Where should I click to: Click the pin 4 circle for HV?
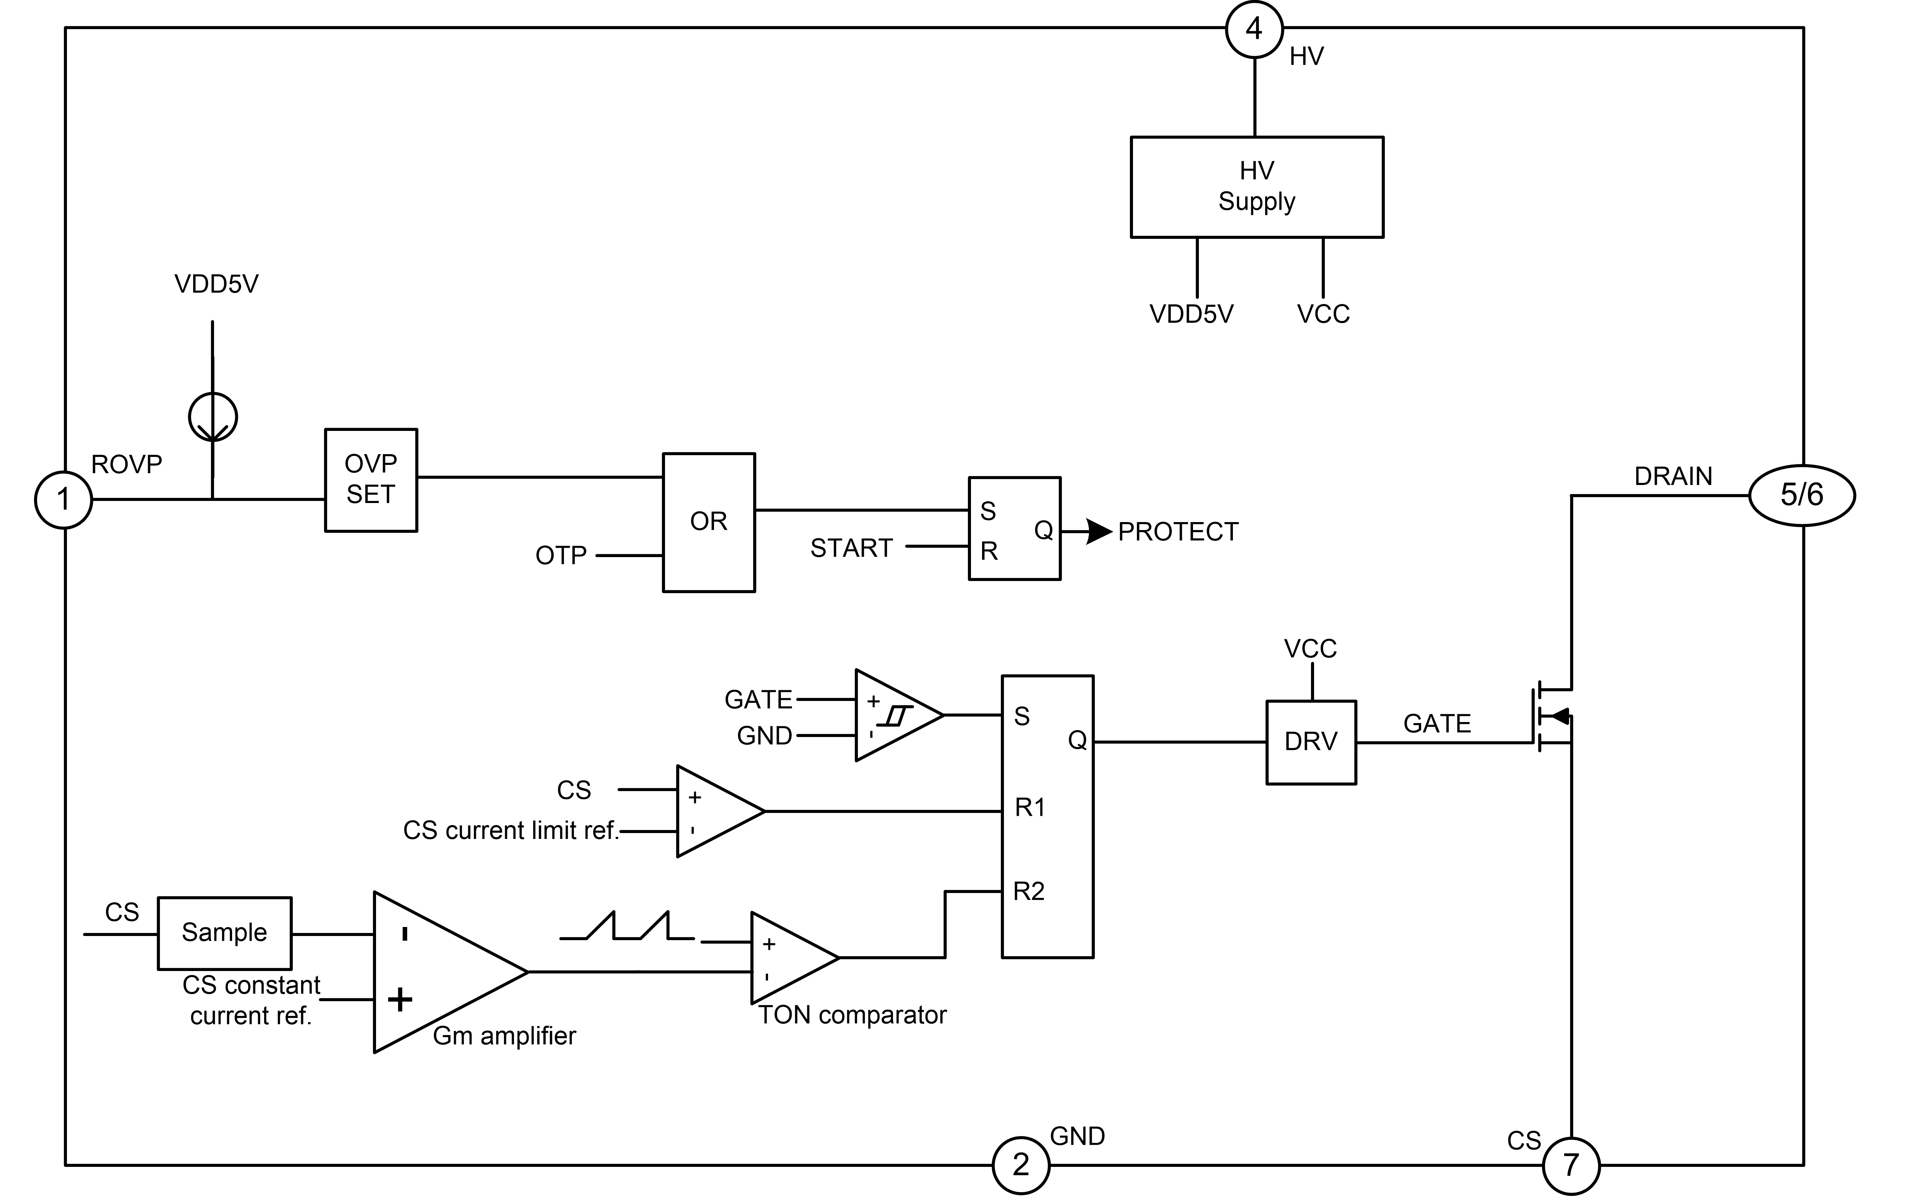click(x=1254, y=29)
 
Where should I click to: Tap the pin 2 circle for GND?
click(x=1021, y=1164)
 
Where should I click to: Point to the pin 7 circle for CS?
click(x=1571, y=1164)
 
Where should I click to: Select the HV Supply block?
click(x=1256, y=187)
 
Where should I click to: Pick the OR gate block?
click(x=708, y=522)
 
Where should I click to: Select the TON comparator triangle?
click(x=791, y=958)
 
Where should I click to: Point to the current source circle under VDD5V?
click(x=213, y=417)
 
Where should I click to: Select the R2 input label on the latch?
click(x=1029, y=892)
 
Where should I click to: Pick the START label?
click(x=851, y=548)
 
